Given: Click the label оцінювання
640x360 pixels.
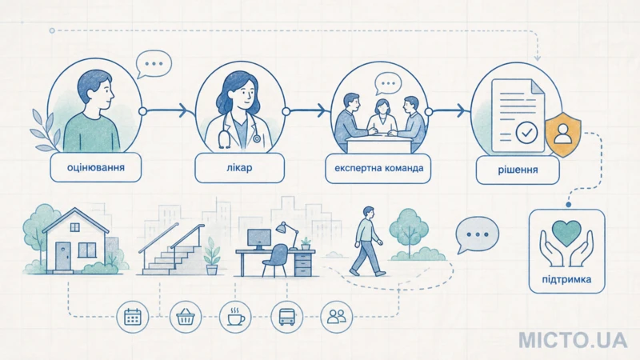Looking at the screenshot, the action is click(x=95, y=167).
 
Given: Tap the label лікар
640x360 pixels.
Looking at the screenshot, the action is click(x=239, y=167).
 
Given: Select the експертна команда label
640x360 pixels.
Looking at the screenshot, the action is click(x=378, y=168).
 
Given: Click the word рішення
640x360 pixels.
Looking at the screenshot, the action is click(x=518, y=170).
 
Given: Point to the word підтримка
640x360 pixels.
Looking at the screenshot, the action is click(x=566, y=279).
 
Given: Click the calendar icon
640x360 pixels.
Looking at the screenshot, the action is click(x=132, y=317).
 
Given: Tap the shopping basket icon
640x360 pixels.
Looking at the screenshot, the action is click(x=186, y=317).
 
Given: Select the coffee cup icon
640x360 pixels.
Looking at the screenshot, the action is click(x=235, y=317).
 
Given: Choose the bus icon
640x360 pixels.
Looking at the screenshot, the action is click(x=287, y=317).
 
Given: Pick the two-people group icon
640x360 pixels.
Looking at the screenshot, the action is click(x=336, y=317).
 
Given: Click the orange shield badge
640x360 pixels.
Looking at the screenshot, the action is click(x=563, y=134).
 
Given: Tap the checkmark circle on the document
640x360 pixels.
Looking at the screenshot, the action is click(x=526, y=132).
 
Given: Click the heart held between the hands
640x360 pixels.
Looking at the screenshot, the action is click(x=566, y=233).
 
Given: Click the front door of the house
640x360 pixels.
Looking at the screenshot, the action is click(x=63, y=256).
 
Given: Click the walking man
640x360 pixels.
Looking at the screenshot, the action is click(x=367, y=241).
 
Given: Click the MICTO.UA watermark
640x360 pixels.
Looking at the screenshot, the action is click(x=573, y=340).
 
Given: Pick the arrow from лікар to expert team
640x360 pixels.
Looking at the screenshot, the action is click(x=307, y=110).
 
